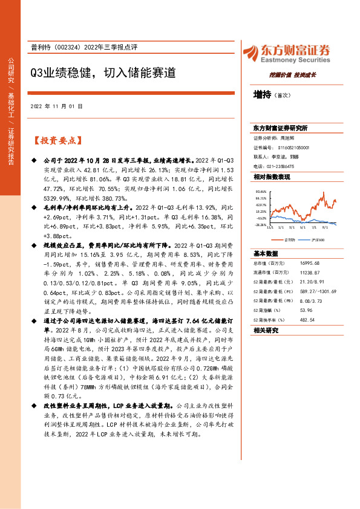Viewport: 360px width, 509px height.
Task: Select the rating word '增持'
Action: click(x=262, y=95)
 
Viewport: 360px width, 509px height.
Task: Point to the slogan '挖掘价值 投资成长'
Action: click(x=292, y=75)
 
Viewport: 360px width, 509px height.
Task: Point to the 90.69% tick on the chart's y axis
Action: click(x=260, y=191)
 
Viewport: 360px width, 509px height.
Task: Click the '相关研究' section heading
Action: click(x=266, y=330)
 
